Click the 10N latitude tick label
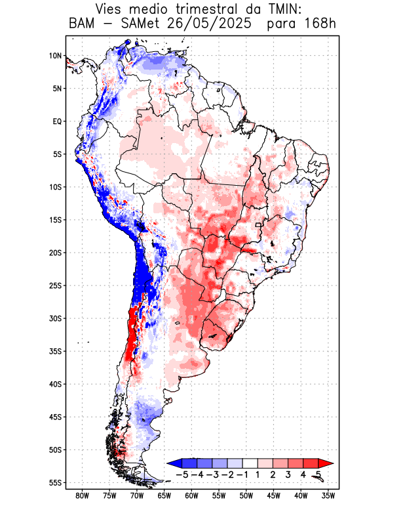coord(56,56)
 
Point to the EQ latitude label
coord(57,121)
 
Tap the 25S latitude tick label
coord(56,285)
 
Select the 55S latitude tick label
coord(56,482)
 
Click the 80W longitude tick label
coord(82,495)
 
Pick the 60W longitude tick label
coord(191,495)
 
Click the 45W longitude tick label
coord(273,495)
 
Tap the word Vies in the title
coord(112,10)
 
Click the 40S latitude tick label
coord(56,384)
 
